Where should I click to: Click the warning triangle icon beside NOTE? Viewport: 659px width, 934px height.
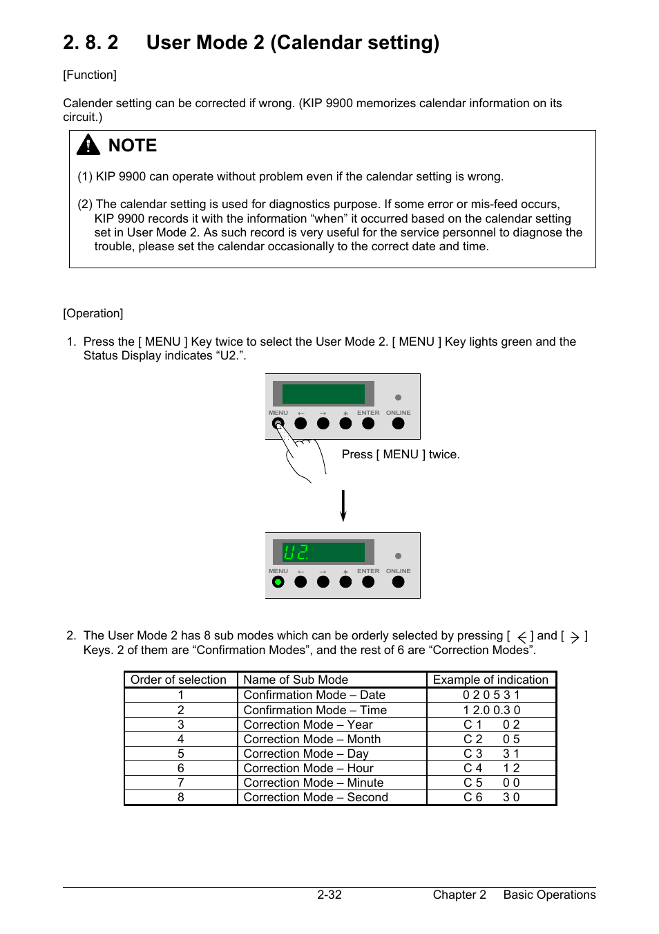click(88, 144)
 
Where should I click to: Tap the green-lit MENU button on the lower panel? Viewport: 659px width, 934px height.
click(278, 582)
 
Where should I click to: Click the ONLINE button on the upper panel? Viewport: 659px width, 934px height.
click(398, 424)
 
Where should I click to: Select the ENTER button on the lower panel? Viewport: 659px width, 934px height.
click(368, 582)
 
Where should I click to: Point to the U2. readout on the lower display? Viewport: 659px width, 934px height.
click(297, 552)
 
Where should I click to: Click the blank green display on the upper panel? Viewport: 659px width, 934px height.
click(323, 394)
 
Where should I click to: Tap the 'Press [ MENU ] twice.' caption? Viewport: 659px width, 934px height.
click(401, 454)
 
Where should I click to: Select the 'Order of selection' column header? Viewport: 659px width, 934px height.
click(179, 680)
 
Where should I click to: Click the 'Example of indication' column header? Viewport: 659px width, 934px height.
click(490, 680)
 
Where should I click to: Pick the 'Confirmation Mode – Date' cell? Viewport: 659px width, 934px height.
click(314, 695)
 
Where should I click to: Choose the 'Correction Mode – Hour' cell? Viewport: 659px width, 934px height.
click(308, 768)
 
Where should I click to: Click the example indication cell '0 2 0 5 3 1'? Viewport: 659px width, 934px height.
click(491, 695)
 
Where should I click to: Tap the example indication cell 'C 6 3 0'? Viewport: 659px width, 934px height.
click(491, 797)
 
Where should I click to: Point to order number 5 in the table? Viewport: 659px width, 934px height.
click(181, 754)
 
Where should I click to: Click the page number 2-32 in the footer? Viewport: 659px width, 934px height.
click(329, 895)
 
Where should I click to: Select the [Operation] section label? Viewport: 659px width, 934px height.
click(93, 313)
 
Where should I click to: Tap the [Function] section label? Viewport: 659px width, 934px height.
click(90, 75)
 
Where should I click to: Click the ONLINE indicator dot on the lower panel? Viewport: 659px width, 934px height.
click(398, 556)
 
